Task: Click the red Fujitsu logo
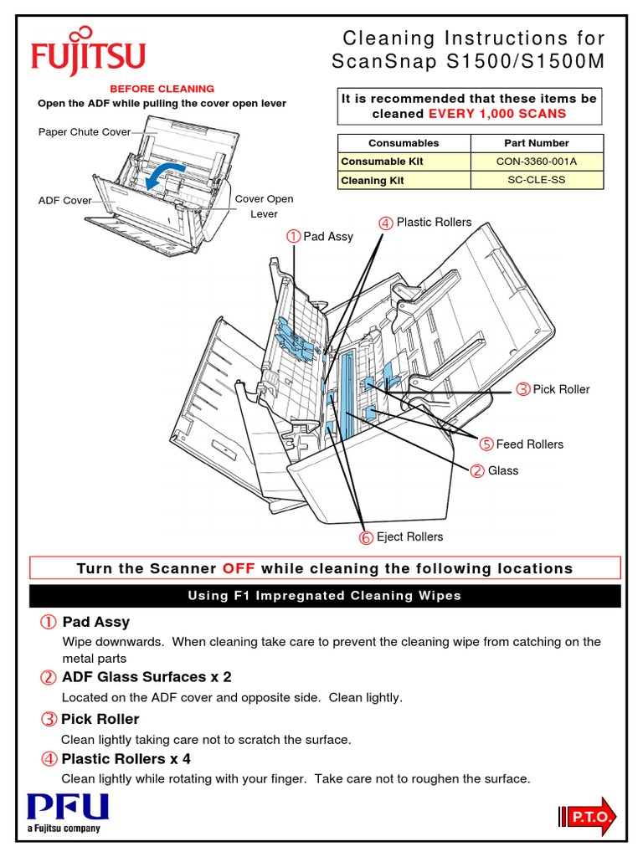tap(88, 55)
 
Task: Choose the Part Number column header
tap(537, 143)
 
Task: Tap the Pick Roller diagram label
tap(561, 389)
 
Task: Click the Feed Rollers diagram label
tap(529, 444)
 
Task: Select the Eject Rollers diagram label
tap(409, 536)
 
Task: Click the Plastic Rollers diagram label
tap(434, 222)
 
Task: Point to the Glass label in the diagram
tap(502, 470)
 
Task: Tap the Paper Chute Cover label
tap(85, 131)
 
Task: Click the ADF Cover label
tap(64, 201)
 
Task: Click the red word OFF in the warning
tap(239, 569)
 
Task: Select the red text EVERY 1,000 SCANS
tap(497, 113)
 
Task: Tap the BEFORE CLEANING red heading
tap(162, 89)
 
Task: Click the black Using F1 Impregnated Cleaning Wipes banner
tap(325, 596)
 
